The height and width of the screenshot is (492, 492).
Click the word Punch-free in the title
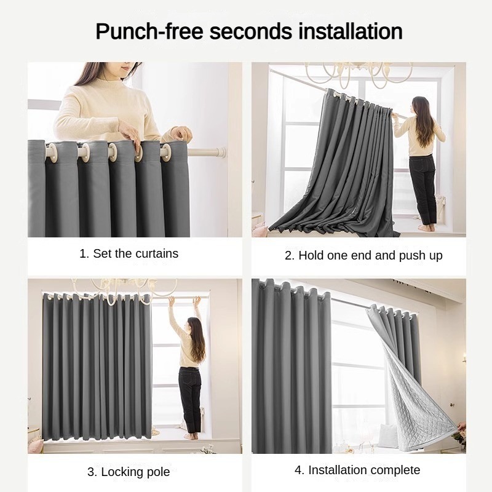pyautogui.click(x=149, y=32)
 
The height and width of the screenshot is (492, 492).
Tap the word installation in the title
pyautogui.click(x=350, y=31)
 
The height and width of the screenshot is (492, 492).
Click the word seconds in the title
pyautogui.click(x=250, y=31)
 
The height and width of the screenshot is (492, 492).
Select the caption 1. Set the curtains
pyautogui.click(x=129, y=253)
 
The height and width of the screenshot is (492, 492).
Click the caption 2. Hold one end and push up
pyautogui.click(x=363, y=255)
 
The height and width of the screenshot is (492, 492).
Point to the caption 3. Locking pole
pyautogui.click(x=129, y=472)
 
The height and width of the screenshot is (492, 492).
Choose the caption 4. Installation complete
pyautogui.click(x=357, y=470)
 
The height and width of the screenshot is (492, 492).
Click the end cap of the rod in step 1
pyautogui.click(x=222, y=153)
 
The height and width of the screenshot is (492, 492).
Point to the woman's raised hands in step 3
pyautogui.click(x=183, y=301)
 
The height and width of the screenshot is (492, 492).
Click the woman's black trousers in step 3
pyautogui.click(x=190, y=400)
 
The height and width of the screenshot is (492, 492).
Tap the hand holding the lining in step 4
pyautogui.click(x=461, y=427)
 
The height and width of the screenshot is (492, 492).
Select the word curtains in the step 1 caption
pyautogui.click(x=157, y=253)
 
